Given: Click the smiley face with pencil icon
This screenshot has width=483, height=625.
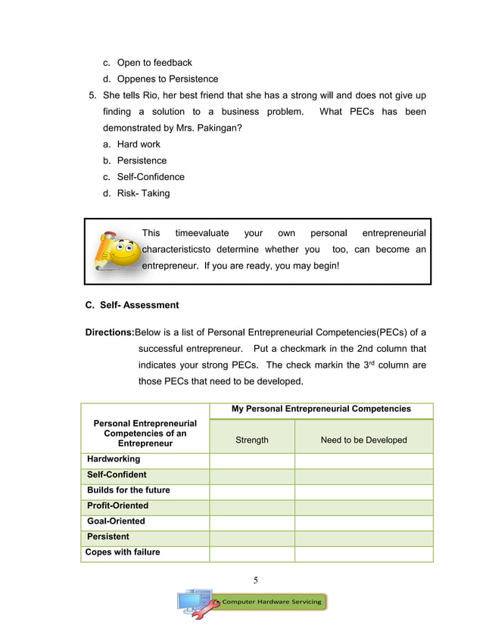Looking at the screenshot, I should [116, 249].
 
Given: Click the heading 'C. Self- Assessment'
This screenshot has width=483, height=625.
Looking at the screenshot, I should [132, 306].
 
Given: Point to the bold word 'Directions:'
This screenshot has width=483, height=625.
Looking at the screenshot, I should [109, 332].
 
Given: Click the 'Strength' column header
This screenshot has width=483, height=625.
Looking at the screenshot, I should [251, 440].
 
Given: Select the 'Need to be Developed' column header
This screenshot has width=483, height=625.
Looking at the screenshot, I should [363, 440].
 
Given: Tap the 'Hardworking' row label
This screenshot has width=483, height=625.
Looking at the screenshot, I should [114, 459].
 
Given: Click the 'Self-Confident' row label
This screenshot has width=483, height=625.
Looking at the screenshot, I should [117, 475].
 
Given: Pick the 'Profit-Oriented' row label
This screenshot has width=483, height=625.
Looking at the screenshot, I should [117, 506].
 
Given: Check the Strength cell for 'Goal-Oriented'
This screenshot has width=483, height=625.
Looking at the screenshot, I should [251, 522].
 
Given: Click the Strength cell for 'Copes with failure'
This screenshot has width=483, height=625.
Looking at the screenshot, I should [251, 554].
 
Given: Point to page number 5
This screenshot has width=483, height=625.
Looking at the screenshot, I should [255, 580].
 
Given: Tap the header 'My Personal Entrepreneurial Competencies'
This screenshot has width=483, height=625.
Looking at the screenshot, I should [321, 409].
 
